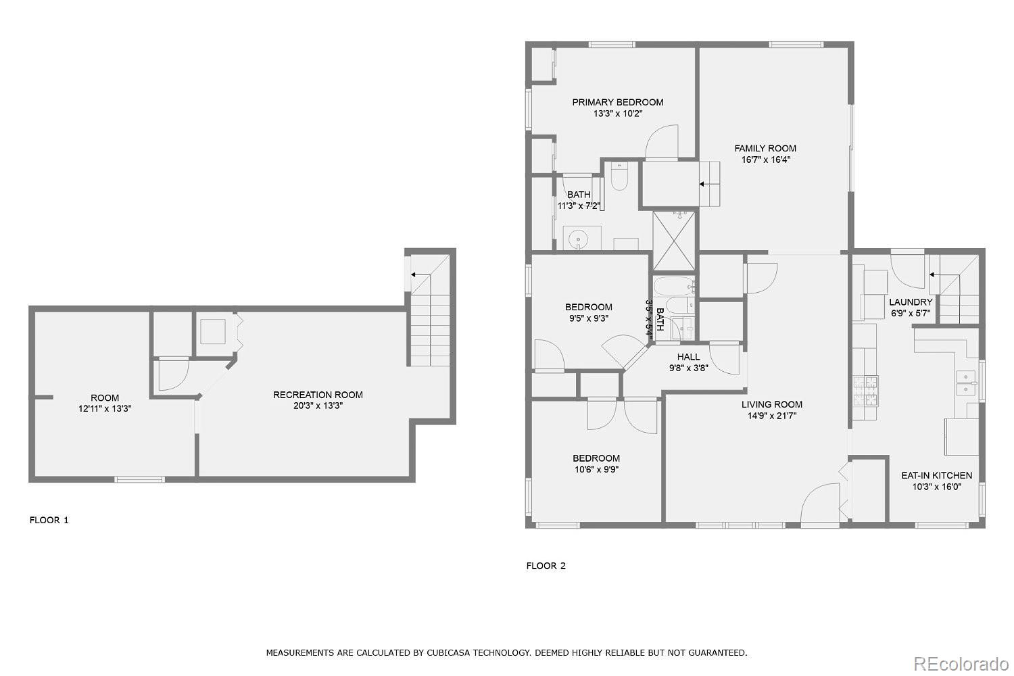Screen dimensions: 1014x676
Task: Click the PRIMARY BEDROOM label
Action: [x=617, y=102]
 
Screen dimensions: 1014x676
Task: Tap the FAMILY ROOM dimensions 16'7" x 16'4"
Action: [x=765, y=160]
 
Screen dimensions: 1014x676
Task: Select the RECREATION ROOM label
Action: [x=318, y=395]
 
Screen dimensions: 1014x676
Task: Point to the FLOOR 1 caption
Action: [x=49, y=521]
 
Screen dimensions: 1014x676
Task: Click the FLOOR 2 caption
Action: [x=546, y=566]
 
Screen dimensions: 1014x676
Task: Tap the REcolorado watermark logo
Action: [x=961, y=665]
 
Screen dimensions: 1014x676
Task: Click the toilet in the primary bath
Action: [x=619, y=176]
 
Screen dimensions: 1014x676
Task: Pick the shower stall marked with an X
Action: [x=674, y=241]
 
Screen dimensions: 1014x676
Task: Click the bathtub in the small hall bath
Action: [x=674, y=286]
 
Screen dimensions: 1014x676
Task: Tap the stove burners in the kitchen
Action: [x=865, y=391]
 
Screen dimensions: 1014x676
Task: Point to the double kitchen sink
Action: [x=965, y=383]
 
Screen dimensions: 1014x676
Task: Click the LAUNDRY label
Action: [x=911, y=302]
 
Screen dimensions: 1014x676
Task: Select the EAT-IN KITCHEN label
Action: [x=936, y=475]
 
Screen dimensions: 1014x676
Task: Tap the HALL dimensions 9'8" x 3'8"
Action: [x=689, y=368]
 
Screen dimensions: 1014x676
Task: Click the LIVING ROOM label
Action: [x=772, y=404]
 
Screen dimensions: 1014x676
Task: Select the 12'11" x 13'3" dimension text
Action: [x=105, y=409]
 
